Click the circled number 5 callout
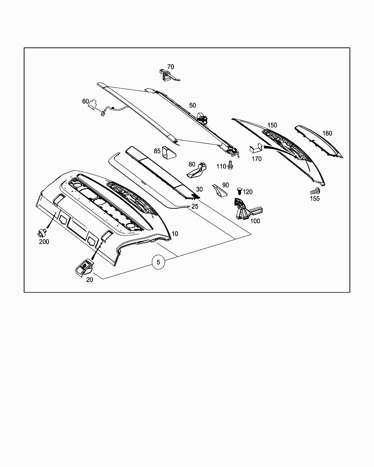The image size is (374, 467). tap(158, 262)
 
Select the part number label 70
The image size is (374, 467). tap(171, 67)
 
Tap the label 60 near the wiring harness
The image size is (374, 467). tap(85, 101)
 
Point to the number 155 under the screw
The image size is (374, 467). tap(315, 198)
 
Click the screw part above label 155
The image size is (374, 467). tap(315, 190)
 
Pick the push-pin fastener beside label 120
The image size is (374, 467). tap(239, 191)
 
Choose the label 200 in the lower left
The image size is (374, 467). tap(44, 242)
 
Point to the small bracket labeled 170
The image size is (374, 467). tap(256, 149)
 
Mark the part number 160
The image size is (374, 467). tap(327, 133)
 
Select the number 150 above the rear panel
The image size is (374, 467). tap(272, 125)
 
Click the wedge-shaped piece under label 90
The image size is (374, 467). tap(220, 190)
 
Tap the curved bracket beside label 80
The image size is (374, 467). tap(198, 170)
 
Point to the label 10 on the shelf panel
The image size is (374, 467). tap(175, 233)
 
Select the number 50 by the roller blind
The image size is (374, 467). tap(192, 105)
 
